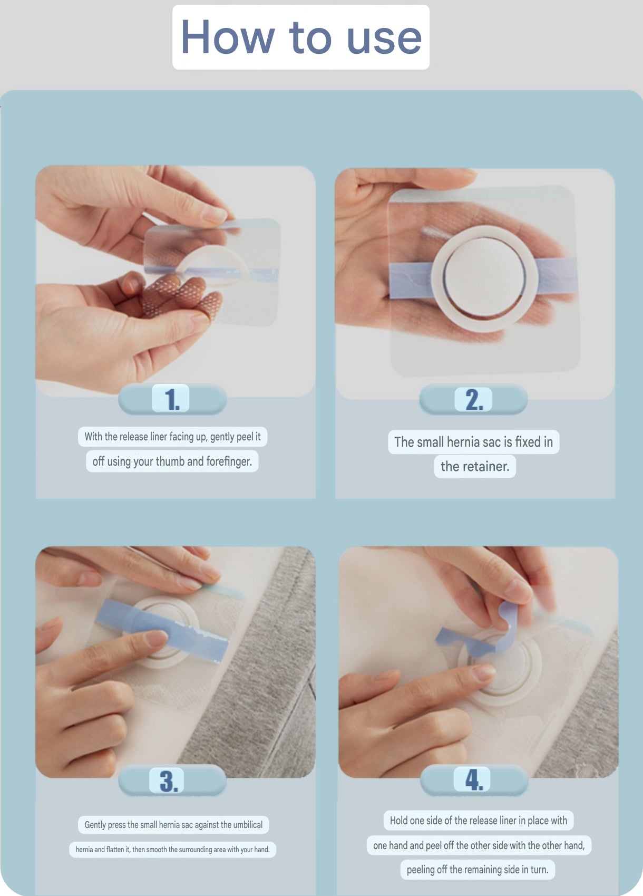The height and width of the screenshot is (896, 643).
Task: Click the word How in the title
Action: [228, 37]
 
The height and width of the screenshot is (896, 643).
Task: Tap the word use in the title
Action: [384, 40]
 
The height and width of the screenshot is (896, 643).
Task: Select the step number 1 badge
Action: [170, 398]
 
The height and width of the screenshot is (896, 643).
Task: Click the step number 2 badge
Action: [473, 399]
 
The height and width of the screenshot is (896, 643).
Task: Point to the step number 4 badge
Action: [473, 779]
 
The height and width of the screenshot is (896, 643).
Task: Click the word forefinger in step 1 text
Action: [229, 461]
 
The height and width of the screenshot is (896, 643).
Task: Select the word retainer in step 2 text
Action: [486, 466]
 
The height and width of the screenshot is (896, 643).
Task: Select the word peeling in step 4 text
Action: [420, 870]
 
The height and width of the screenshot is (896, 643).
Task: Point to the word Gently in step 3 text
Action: [95, 825]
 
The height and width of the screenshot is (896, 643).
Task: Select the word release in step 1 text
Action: [134, 437]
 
